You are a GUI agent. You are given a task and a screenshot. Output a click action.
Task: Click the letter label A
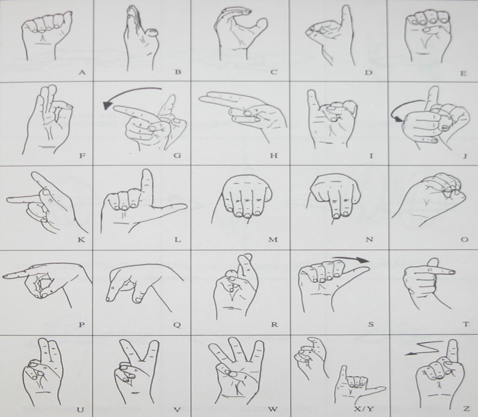click(x=82, y=73)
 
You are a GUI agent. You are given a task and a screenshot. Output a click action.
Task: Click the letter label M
click(x=273, y=240)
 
